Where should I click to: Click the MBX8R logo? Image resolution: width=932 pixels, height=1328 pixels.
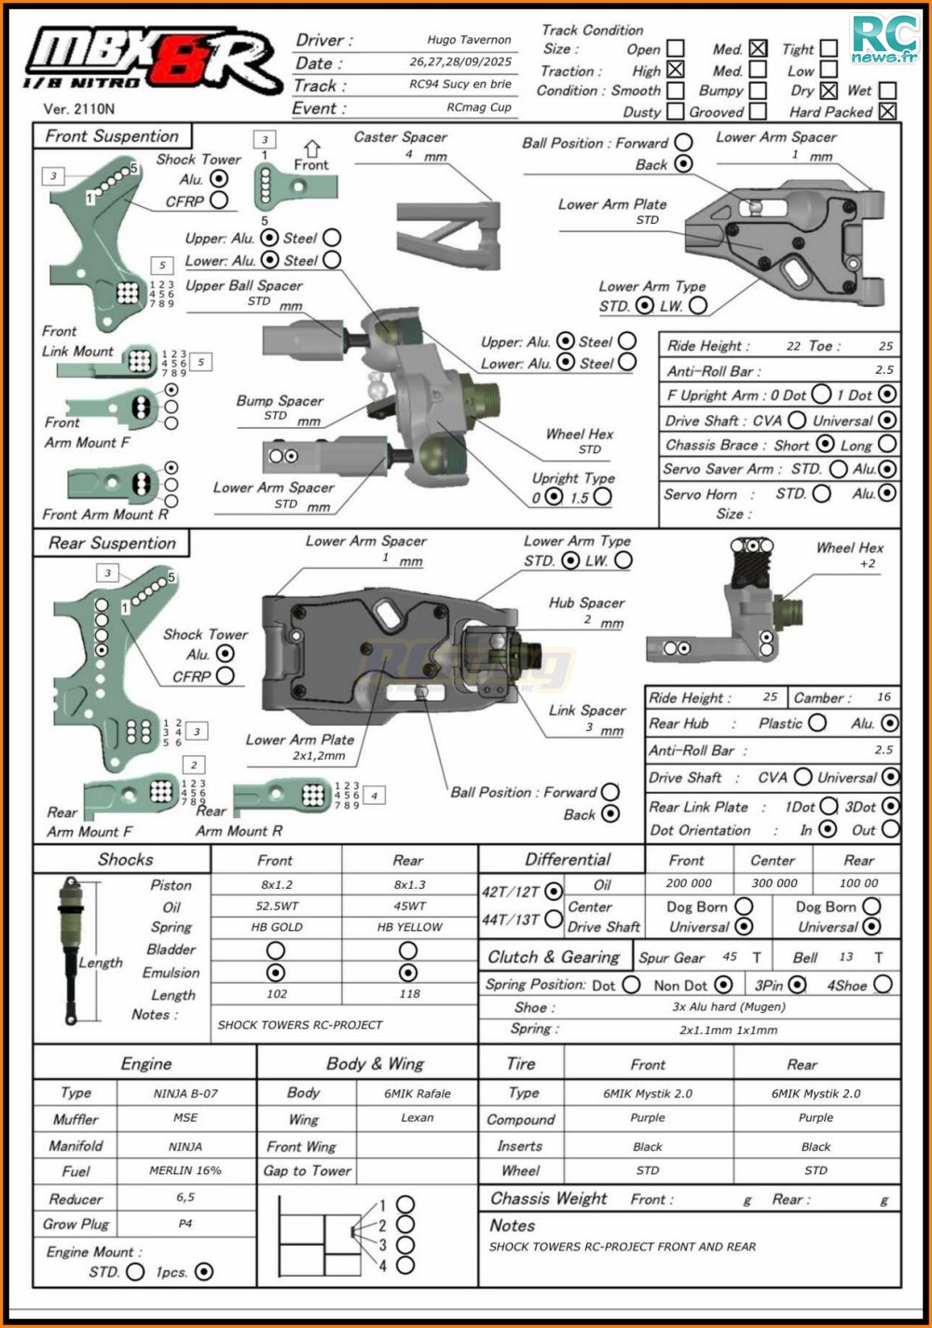154,63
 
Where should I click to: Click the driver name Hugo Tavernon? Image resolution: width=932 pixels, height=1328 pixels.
469,40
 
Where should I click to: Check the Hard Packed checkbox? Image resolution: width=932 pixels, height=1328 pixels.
887,112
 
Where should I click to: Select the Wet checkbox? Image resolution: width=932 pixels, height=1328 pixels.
887,90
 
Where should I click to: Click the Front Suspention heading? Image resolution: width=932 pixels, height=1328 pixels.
112,136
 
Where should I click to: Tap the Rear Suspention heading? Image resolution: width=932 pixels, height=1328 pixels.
112,543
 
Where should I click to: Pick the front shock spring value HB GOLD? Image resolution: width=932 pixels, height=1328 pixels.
277,927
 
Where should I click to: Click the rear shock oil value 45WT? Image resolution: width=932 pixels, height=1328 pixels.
409,906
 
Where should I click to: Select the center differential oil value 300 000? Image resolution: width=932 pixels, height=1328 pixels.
774,883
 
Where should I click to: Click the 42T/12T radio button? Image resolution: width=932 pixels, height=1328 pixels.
554,892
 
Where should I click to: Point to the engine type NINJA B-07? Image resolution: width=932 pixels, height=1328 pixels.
185,1093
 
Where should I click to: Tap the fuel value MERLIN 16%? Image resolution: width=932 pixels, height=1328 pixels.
185,1171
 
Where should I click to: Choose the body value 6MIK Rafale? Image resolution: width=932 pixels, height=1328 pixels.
417,1093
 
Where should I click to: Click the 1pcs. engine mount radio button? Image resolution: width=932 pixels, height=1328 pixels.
204,1271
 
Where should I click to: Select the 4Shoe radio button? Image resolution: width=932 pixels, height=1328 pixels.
883,984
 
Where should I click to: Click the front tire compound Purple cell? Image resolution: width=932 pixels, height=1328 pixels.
648,1118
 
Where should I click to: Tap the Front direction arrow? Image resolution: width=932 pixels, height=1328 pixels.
311,149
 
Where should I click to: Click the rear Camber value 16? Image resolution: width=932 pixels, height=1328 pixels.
883,697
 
